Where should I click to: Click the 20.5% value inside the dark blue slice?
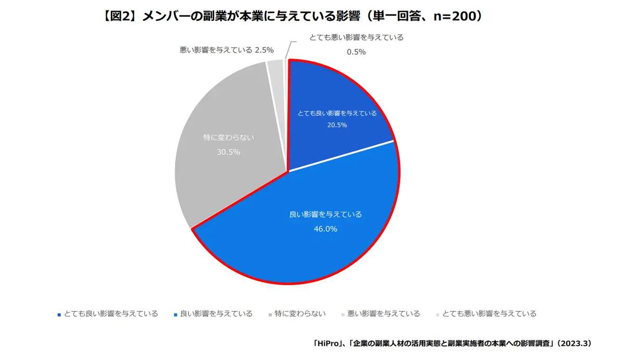[x=336, y=125]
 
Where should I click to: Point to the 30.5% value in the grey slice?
[x=229, y=152]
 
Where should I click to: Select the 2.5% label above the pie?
[x=264, y=50]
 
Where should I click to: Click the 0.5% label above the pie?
[x=356, y=52]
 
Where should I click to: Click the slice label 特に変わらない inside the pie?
[x=229, y=138]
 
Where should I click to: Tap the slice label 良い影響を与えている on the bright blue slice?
[x=325, y=214]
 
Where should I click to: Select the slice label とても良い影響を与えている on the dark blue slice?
[x=336, y=113]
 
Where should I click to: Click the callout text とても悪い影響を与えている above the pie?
[x=356, y=38]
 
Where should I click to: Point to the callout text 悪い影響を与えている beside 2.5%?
[x=212, y=50]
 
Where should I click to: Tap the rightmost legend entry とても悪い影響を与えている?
[x=489, y=314]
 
